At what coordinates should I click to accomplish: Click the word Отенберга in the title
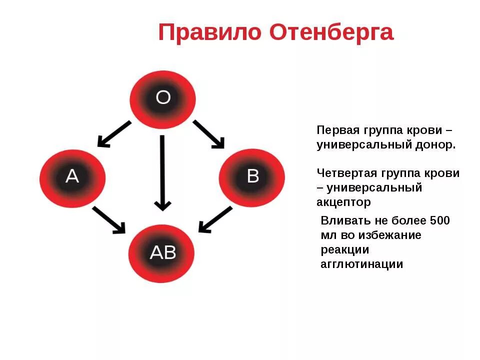pos(331,33)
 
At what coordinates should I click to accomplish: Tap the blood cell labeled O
pos(163,97)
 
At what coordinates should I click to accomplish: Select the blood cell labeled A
pos(72,176)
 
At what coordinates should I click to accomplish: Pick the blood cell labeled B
pos(252,176)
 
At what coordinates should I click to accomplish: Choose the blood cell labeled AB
pos(162,253)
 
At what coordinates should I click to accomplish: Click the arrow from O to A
pos(114,134)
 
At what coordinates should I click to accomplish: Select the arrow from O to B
pos(208,134)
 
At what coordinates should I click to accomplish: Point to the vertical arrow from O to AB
pos(162,172)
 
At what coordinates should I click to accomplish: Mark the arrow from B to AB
pos(215,219)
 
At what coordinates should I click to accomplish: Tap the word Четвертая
pos(346,173)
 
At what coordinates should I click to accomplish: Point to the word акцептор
pos(343,202)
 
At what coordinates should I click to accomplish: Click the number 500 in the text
pos(439,220)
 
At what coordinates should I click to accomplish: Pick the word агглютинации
pos(361,264)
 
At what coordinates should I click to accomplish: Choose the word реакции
pos(344,250)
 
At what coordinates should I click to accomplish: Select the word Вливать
pos(345,220)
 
